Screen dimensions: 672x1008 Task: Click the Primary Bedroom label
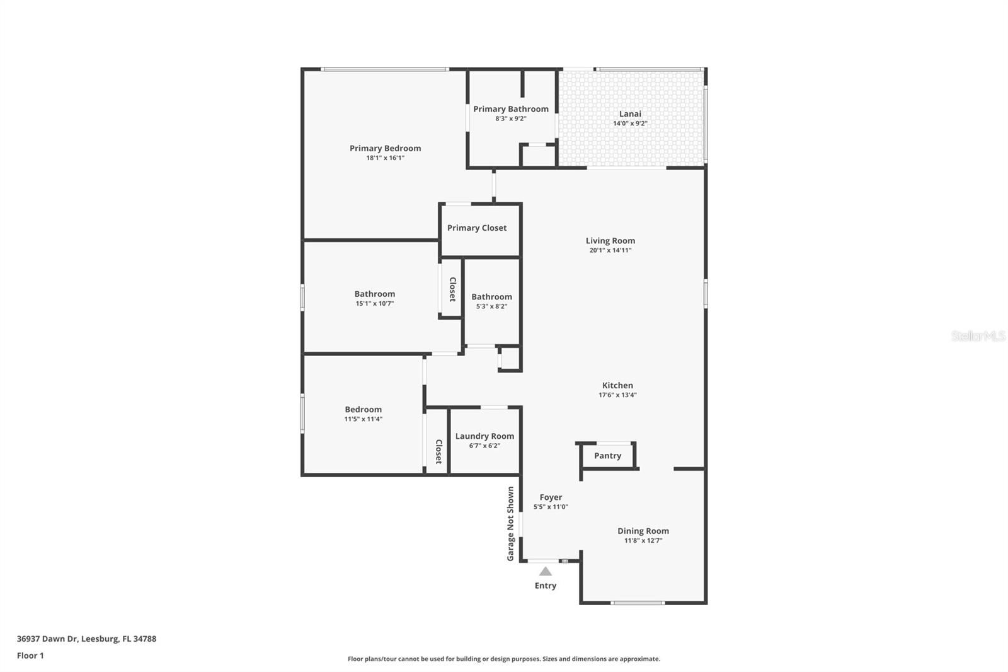(x=385, y=149)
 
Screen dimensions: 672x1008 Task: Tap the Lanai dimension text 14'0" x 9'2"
(x=630, y=124)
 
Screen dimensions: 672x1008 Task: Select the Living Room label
(x=610, y=241)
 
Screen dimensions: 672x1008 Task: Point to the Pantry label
(x=607, y=456)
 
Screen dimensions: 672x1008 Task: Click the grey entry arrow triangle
(x=546, y=572)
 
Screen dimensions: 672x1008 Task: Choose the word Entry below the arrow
(x=546, y=586)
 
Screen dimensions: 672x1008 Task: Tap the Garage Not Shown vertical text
(x=511, y=523)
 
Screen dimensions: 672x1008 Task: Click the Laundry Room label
(x=484, y=436)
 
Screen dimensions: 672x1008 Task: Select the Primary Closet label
(x=477, y=228)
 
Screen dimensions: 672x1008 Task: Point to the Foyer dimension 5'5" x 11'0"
(x=551, y=507)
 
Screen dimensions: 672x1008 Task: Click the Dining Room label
(x=643, y=531)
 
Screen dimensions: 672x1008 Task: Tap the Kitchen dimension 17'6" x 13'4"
(x=617, y=395)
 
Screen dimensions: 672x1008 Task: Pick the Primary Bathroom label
(x=511, y=109)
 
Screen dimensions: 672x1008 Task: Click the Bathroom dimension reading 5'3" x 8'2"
(x=491, y=306)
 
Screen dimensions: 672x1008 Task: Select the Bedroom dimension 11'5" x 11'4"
(x=363, y=419)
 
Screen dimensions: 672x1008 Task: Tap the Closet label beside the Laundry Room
(x=438, y=451)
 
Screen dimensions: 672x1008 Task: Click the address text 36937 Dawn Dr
(x=47, y=639)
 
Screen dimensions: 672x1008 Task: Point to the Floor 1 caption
(x=30, y=656)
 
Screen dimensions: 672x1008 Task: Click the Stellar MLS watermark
(x=978, y=337)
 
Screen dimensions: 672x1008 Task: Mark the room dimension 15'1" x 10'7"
(x=375, y=303)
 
